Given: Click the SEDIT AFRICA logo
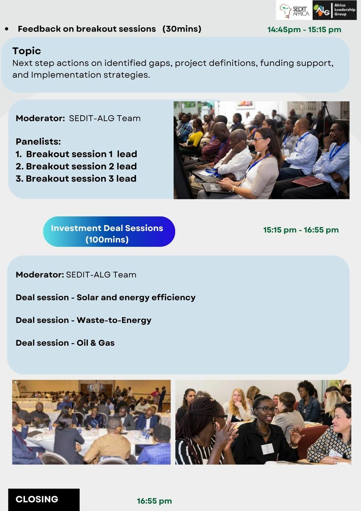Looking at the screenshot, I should point(294,10).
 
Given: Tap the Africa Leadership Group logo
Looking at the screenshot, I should point(335,10).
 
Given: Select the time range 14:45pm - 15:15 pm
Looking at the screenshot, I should point(304,30).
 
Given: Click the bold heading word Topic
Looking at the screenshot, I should point(26,51).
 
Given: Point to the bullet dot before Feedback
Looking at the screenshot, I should point(7,29).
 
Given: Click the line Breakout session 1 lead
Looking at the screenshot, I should point(76,154).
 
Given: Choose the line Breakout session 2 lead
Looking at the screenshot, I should point(76,167).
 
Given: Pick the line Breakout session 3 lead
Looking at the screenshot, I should point(76,179).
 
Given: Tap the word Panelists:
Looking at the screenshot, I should point(38,142).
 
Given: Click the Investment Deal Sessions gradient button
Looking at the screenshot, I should point(109,232).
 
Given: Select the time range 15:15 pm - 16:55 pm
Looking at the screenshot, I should point(301,230).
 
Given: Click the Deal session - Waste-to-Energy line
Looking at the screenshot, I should point(83,320).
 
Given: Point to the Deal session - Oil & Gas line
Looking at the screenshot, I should point(65,343).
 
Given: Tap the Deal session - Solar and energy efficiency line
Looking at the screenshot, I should point(105,297).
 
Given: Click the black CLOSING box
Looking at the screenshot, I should point(44,499).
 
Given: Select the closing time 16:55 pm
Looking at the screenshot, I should point(154,501).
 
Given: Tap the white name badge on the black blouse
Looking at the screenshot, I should point(268,448).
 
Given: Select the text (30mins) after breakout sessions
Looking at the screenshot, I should point(182,29).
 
